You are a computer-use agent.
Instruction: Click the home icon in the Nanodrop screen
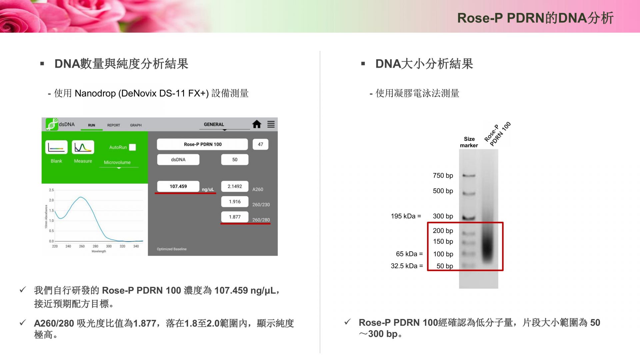pyautogui.click(x=257, y=124)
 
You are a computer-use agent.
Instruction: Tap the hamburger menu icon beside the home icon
pyautogui.click(x=271, y=124)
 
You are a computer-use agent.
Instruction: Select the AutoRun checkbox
pyautogui.click(x=132, y=147)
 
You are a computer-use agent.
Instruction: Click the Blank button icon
pyautogui.click(x=56, y=147)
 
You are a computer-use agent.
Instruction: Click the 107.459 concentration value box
pyautogui.click(x=178, y=186)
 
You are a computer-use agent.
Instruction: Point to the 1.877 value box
pyautogui.click(x=235, y=217)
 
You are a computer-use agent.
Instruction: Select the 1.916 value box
pyautogui.click(x=235, y=202)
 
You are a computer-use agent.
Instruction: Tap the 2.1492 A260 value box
pyautogui.click(x=235, y=186)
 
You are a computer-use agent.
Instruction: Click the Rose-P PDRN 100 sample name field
pyautogui.click(x=202, y=144)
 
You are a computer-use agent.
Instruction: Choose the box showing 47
pyautogui.click(x=260, y=144)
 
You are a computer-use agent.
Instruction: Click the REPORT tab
pyautogui.click(x=114, y=125)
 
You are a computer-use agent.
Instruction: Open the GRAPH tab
pyautogui.click(x=136, y=125)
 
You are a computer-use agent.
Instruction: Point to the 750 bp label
pyautogui.click(x=443, y=176)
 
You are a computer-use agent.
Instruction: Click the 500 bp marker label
pyautogui.click(x=443, y=191)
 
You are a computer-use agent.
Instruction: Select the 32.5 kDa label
pyautogui.click(x=407, y=266)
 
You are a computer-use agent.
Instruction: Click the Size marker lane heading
pyautogui.click(x=469, y=142)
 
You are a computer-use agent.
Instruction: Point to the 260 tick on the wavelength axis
pyautogui.click(x=82, y=246)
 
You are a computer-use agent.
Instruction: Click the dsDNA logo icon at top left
pyautogui.click(x=52, y=124)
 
